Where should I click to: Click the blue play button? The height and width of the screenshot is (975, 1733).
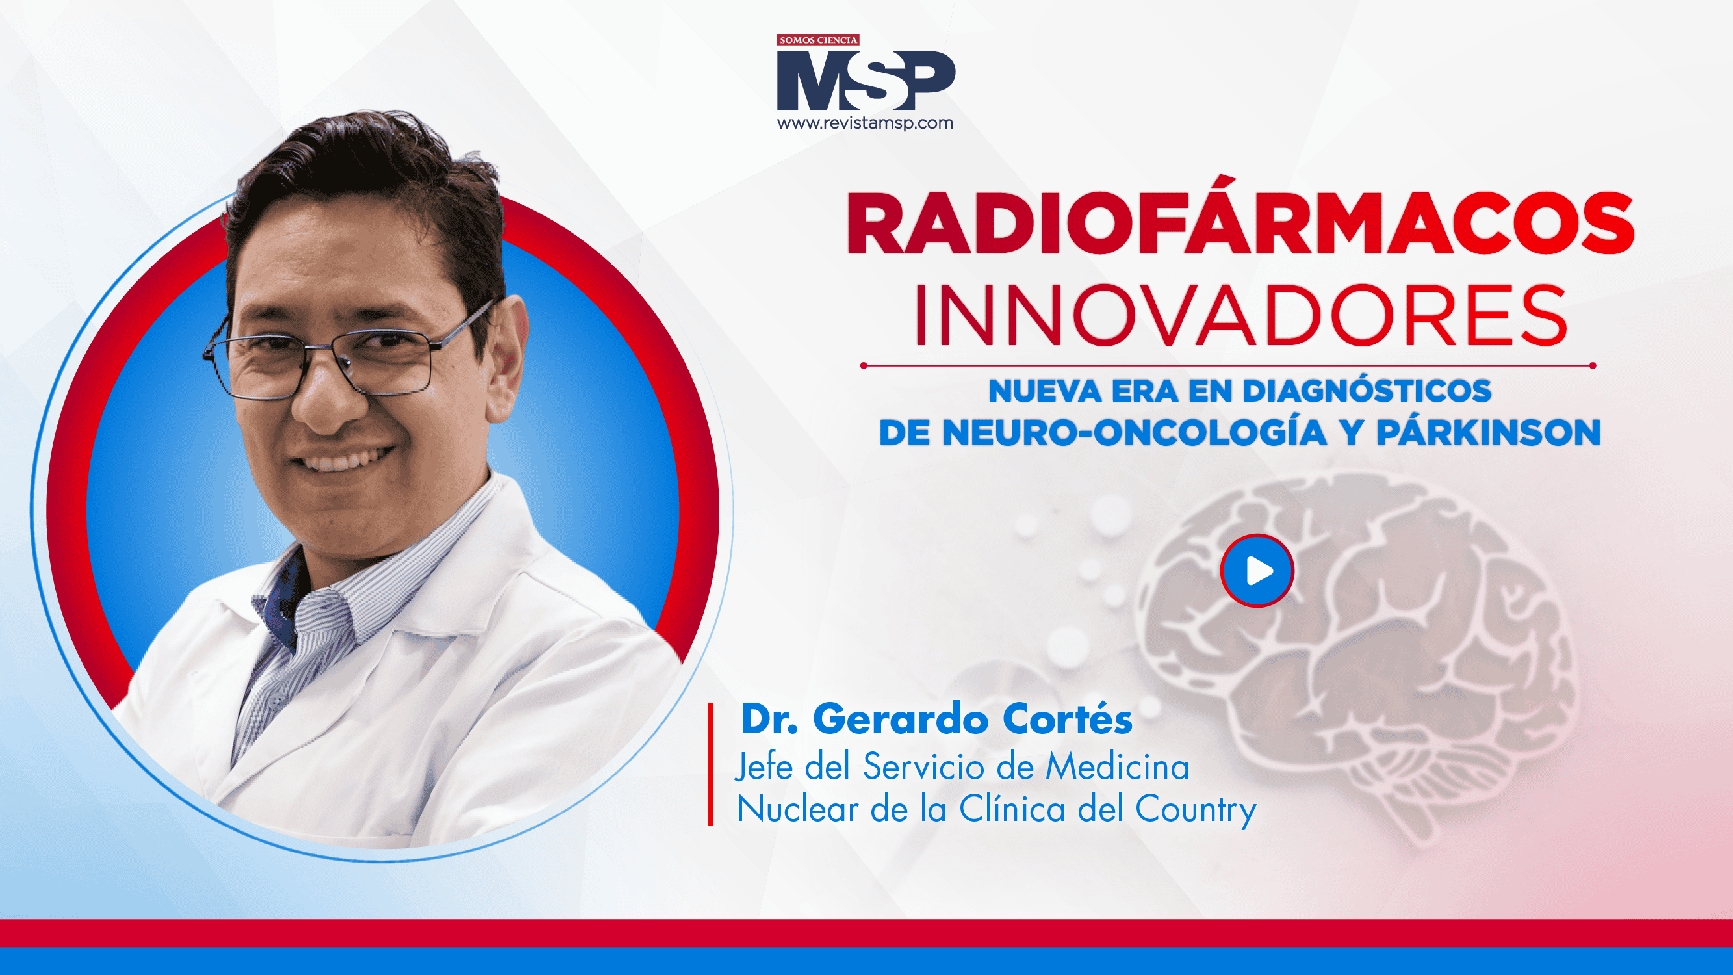[x=1257, y=571]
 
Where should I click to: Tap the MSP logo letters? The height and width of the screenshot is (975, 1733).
[x=866, y=81]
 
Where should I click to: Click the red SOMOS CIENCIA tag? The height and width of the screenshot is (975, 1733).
[x=818, y=40]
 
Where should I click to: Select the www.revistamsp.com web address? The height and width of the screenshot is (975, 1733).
[x=865, y=123]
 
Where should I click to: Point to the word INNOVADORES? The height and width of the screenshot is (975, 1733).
[x=1240, y=315]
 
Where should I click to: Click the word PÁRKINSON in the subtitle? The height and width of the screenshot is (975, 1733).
[x=1488, y=432]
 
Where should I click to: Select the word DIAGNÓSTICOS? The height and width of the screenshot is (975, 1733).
[x=1367, y=390]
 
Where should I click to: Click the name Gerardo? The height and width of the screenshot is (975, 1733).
[x=901, y=719]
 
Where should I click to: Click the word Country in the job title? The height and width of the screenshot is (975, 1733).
[x=1196, y=809]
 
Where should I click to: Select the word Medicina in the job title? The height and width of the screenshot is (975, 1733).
[x=1118, y=767]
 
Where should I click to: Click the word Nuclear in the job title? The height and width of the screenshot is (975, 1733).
[x=798, y=809]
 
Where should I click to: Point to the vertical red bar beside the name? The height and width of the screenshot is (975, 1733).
[x=711, y=764]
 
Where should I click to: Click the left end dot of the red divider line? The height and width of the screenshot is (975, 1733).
[x=863, y=366]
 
